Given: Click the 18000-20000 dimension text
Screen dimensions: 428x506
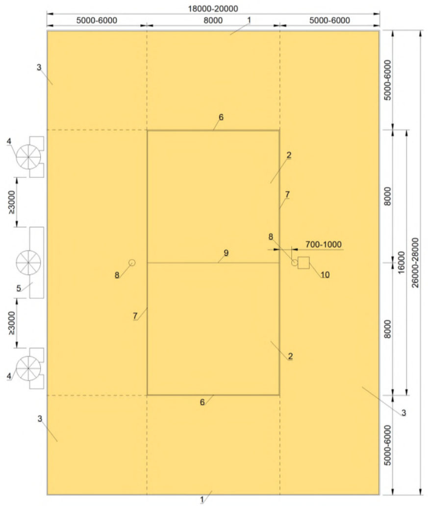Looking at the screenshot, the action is pos(213,8).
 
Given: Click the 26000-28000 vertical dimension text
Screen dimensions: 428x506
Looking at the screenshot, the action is pos(415,263).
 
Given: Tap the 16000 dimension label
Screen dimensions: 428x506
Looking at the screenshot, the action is pos(401,263).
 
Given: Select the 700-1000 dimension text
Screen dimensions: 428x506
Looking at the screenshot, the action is pos(324,244).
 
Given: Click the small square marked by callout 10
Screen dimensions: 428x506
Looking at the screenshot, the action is pos(303,263).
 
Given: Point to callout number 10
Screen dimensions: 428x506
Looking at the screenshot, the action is pos(325,275).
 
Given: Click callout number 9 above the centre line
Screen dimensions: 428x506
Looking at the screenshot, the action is pos(226,253).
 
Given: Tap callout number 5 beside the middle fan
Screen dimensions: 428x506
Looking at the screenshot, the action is pos(19,288).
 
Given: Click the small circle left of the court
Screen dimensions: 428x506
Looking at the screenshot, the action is pos(132,263).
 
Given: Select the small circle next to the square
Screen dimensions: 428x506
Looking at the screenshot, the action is pos(294,263).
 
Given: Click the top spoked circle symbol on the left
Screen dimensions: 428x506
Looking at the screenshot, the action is pos(28,157).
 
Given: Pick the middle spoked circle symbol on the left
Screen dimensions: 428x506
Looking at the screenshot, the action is pos(28,263).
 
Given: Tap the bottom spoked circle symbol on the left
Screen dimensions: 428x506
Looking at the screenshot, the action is pos(28,368).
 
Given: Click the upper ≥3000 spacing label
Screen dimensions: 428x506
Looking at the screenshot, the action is pos(11,202).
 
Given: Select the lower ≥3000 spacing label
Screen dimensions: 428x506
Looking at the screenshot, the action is pos(11,323).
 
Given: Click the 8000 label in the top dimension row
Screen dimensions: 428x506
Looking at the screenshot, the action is pos(213,21).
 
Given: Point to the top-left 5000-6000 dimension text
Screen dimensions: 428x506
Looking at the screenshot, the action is pos(97,21).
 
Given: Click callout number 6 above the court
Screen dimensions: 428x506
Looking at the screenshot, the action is pos(221,117).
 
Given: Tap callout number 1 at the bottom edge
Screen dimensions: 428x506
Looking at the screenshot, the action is pos(202,500).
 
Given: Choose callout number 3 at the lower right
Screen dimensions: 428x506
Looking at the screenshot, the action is pos(403,413).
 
